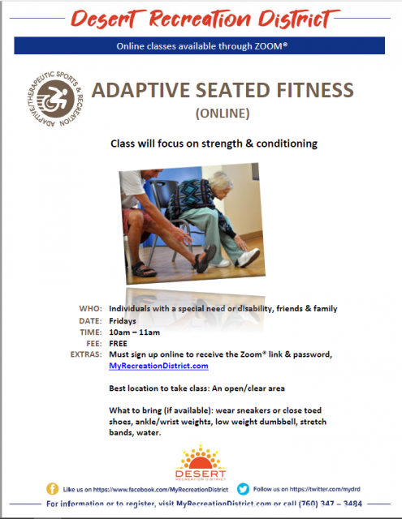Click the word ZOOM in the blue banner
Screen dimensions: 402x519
pos(268,46)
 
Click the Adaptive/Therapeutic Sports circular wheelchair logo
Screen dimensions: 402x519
pos(54,99)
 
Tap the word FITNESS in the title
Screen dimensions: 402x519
pos(315,90)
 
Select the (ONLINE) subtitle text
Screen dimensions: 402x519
pos(223,114)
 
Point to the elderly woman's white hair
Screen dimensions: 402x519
pos(221,181)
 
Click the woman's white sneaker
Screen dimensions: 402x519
pos(249,258)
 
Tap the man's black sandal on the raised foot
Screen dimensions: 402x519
pos(205,258)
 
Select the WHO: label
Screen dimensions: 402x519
pos(90,308)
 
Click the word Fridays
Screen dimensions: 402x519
pos(123,321)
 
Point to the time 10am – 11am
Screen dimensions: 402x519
pos(134,332)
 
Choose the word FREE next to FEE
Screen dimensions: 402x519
pos(118,343)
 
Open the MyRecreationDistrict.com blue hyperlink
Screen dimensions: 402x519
pos(158,366)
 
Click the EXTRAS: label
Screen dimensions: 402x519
pos(86,354)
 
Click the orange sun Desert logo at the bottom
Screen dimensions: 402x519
pos(201,463)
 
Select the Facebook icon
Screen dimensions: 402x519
pos(52,489)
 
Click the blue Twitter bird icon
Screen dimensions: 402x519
pos(243,489)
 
